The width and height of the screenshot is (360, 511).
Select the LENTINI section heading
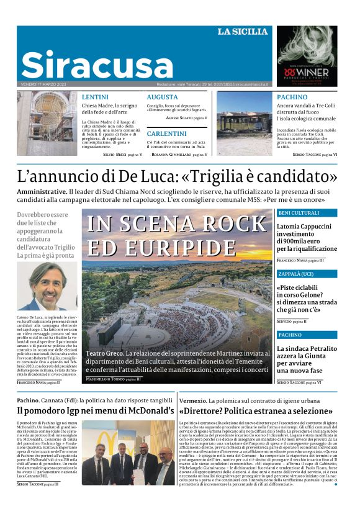[x=95, y=97]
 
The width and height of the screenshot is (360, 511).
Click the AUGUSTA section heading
[x=162, y=97]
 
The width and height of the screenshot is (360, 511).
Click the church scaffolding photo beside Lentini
[x=47, y=124]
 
